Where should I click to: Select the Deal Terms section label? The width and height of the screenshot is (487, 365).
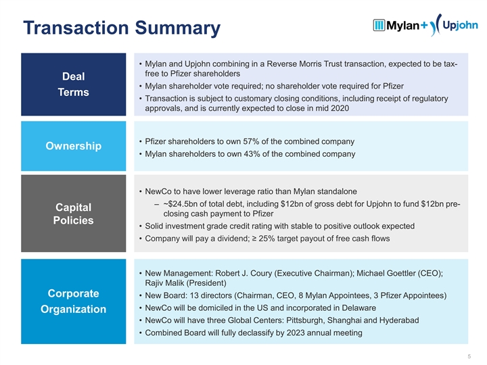[x=74, y=84]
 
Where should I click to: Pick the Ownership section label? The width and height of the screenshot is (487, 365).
[x=74, y=147]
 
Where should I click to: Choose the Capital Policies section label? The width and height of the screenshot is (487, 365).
[x=74, y=214]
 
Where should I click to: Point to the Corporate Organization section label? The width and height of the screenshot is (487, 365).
[x=74, y=301]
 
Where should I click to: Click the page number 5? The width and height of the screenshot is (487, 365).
[x=469, y=356]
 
